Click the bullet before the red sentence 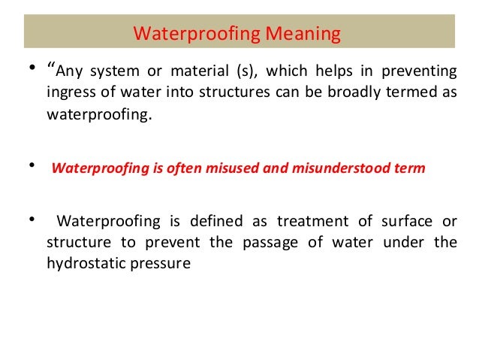point(32,164)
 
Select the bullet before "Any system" point(32,70)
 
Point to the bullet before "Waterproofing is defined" point(32,220)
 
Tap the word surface point(397,222)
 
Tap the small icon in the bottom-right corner point(466,346)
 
